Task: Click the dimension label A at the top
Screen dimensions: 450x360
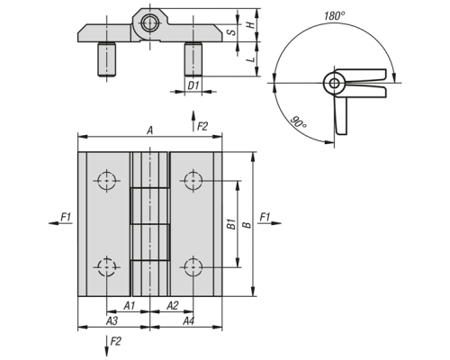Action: (149, 130)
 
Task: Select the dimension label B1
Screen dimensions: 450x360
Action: (231, 224)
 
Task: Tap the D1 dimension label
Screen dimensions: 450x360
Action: (193, 85)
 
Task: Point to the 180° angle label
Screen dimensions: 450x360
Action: (335, 15)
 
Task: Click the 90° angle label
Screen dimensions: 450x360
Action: (299, 122)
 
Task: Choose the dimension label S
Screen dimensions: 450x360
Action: (231, 32)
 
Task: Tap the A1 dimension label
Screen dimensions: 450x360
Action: (130, 306)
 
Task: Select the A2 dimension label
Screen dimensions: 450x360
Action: (173, 306)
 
